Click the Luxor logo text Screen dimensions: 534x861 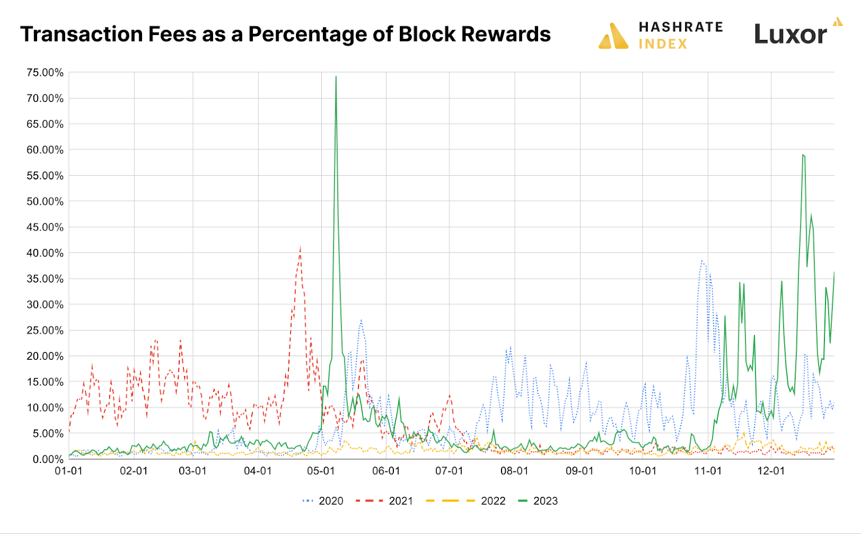[790, 34]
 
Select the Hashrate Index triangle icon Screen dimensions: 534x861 [613, 36]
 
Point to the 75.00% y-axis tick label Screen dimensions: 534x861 [45, 73]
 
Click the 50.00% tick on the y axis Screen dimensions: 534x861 [45, 202]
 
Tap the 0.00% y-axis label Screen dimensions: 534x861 [48, 459]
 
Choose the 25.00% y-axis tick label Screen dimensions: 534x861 [45, 330]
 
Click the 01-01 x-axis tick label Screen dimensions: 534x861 [69, 471]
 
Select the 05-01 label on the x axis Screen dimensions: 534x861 [321, 471]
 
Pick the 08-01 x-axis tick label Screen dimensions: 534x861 [514, 471]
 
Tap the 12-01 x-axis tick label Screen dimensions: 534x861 [771, 471]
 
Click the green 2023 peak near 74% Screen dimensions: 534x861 [336, 77]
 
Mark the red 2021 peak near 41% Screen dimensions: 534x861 [300, 247]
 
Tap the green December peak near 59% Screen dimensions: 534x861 [803, 155]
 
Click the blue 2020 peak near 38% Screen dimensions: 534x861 [702, 261]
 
